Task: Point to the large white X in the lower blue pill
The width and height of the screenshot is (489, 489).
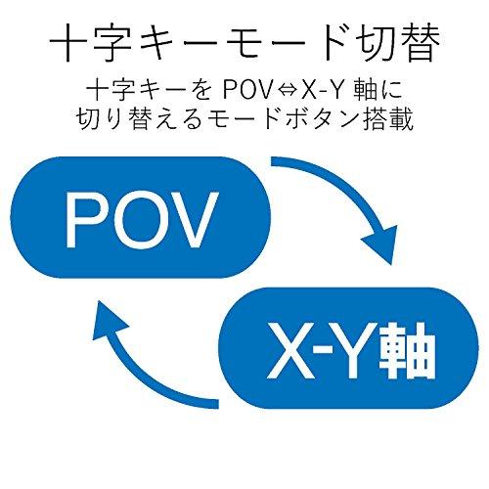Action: click(289, 351)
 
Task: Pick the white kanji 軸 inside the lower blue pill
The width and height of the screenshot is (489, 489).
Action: click(408, 350)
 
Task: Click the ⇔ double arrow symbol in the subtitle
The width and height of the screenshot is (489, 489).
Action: click(286, 90)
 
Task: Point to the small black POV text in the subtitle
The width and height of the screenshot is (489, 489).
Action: click(247, 90)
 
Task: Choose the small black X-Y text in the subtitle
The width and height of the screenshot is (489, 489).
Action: click(323, 90)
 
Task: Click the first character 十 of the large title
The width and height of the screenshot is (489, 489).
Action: click(67, 43)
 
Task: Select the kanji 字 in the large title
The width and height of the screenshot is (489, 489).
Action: click(111, 43)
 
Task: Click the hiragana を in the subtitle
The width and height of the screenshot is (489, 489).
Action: click(202, 90)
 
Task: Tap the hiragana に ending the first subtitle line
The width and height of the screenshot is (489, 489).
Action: click(392, 90)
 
